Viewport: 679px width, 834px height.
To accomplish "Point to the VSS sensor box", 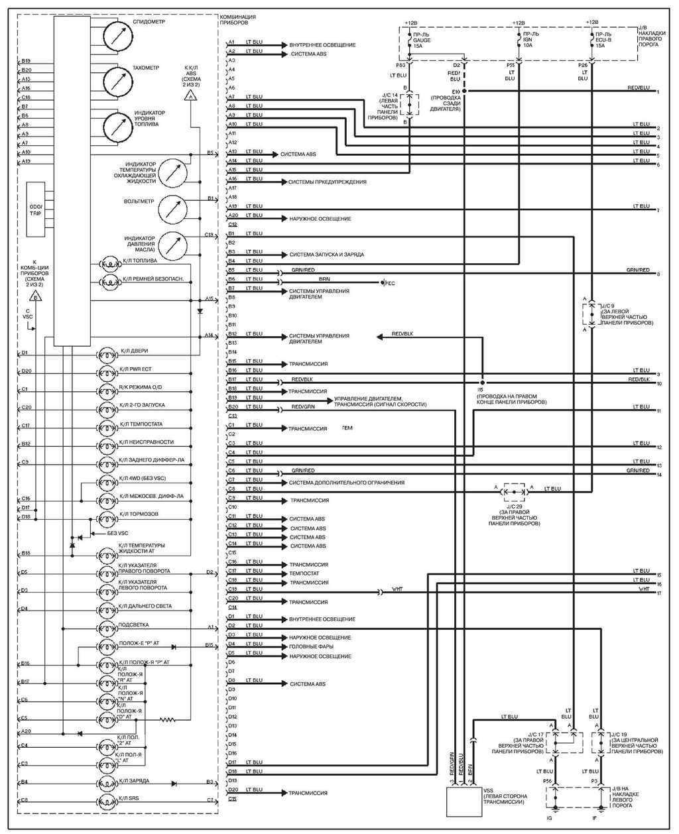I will (464, 803).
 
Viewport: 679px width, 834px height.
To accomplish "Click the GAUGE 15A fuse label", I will (422, 40).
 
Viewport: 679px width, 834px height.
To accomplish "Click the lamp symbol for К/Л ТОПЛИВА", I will (108, 264).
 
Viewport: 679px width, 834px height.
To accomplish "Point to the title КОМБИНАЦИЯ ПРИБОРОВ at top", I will (237, 19).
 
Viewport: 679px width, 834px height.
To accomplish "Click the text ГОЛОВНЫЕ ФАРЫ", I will (311, 646).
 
